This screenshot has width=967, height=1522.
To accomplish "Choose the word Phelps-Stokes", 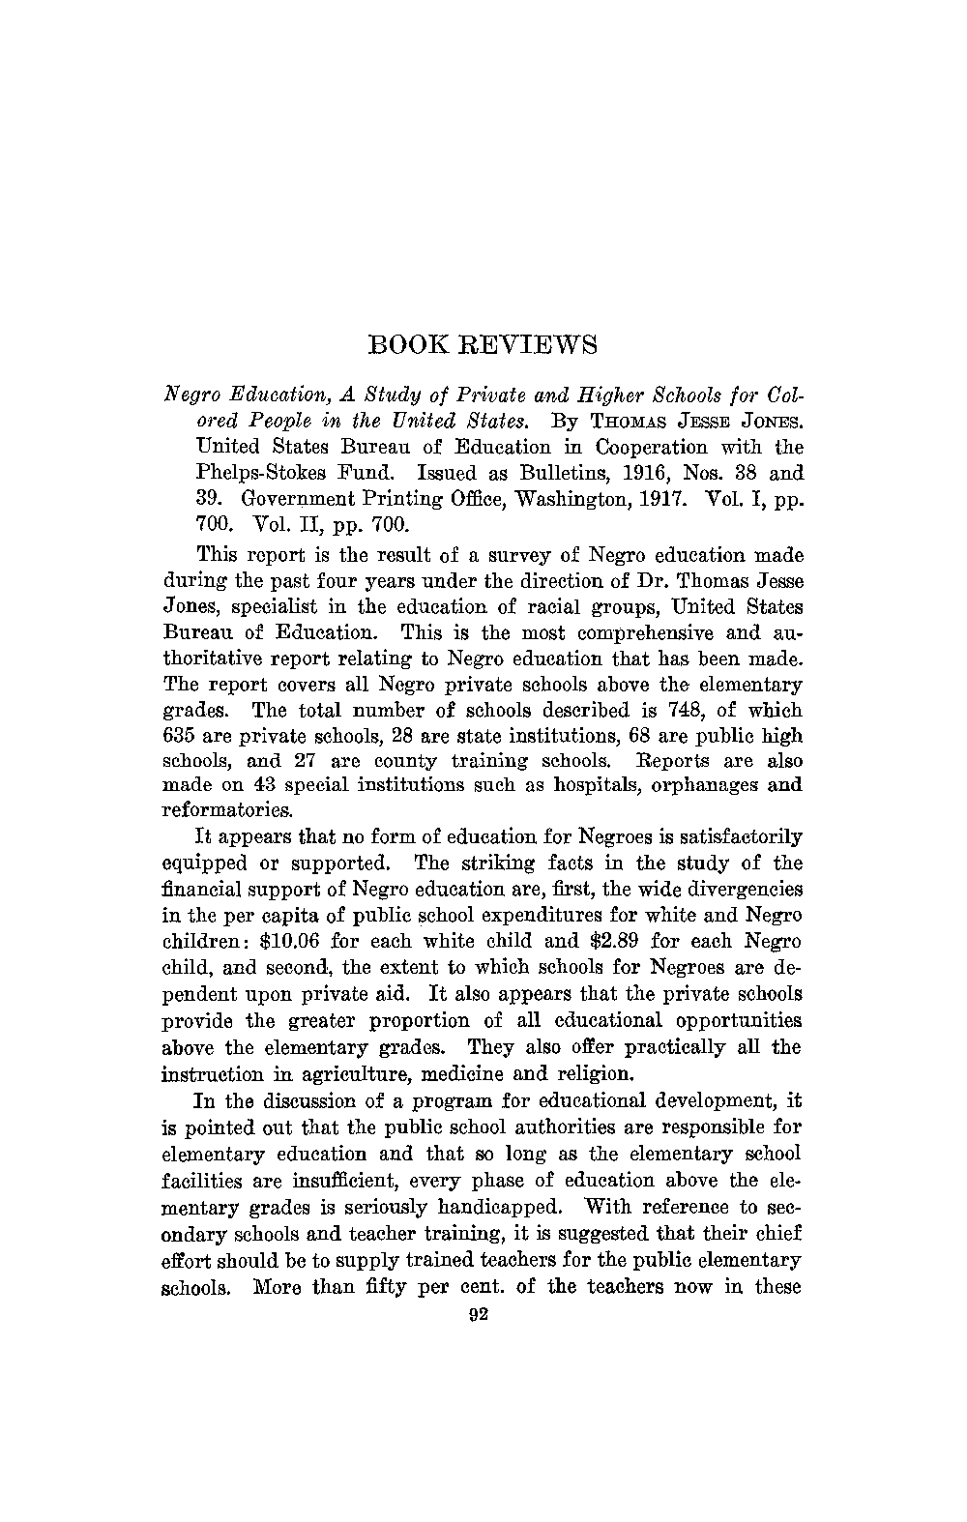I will [256, 475].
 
